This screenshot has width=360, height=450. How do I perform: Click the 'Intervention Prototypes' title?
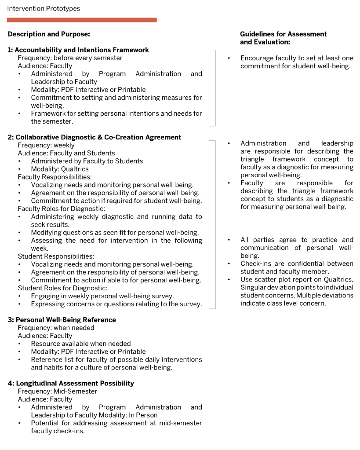click(x=44, y=9)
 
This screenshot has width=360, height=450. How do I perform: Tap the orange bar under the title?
click(x=82, y=20)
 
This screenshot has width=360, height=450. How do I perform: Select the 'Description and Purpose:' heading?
click(x=49, y=34)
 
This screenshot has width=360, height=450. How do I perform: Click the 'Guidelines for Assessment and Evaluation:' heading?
click(x=284, y=38)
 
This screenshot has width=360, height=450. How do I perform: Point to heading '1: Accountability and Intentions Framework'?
click(x=78, y=50)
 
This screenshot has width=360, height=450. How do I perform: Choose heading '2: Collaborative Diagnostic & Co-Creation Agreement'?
click(x=95, y=137)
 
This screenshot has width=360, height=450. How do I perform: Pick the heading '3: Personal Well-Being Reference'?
click(x=62, y=320)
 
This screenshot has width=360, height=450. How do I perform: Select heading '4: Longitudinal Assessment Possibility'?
click(x=71, y=383)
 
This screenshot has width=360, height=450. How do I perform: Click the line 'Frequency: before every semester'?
click(x=70, y=58)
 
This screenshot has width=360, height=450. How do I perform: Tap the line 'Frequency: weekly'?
click(x=46, y=145)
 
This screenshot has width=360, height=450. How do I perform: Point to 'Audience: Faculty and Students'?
click(x=66, y=153)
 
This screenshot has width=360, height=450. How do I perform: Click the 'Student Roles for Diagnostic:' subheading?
click(x=62, y=288)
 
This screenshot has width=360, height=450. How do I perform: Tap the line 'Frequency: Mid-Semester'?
click(x=58, y=391)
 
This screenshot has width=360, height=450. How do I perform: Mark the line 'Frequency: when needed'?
click(x=56, y=328)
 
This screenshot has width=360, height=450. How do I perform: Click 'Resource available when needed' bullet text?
click(x=81, y=344)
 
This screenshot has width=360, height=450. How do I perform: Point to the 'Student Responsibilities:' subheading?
click(x=56, y=256)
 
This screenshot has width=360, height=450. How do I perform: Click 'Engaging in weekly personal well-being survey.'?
click(x=102, y=296)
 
